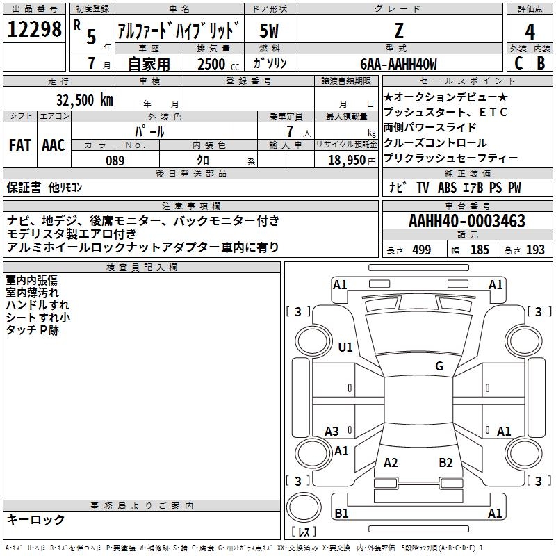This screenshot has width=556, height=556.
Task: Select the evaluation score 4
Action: click(x=530, y=31)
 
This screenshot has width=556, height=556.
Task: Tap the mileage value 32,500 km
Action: click(x=84, y=99)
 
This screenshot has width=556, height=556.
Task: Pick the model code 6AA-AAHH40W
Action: click(x=399, y=64)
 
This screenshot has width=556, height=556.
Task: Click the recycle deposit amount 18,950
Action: click(x=345, y=160)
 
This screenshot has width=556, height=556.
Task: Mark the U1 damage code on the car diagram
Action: click(x=345, y=347)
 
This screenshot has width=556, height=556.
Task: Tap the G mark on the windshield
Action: click(x=439, y=366)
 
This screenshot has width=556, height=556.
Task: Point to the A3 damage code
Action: click(x=332, y=431)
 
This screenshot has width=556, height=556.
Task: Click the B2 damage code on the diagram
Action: click(x=445, y=462)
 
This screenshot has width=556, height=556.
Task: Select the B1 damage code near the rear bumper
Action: click(x=341, y=514)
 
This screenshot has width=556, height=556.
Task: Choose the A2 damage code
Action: click(x=391, y=462)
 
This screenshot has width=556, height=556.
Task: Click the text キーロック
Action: click(x=35, y=520)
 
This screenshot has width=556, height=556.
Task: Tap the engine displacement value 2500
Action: click(x=212, y=64)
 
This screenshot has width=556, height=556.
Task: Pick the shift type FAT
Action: click(x=19, y=145)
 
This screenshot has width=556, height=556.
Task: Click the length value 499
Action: click(x=421, y=250)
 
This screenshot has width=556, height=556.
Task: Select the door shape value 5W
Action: click(x=270, y=31)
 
